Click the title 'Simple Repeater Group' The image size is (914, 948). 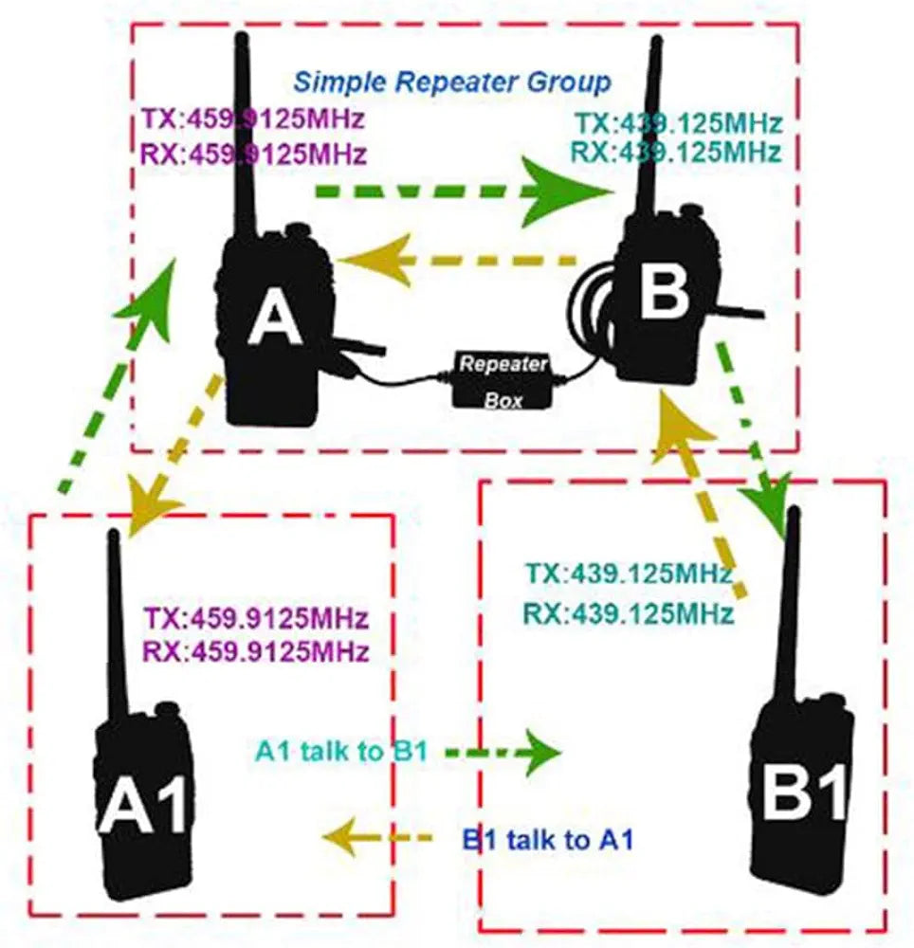(451, 82)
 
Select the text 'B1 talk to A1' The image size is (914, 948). (547, 839)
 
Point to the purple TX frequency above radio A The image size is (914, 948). (252, 121)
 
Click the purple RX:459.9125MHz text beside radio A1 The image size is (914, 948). (255, 651)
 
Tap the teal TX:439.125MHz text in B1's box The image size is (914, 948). (630, 574)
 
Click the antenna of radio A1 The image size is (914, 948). (116, 626)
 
